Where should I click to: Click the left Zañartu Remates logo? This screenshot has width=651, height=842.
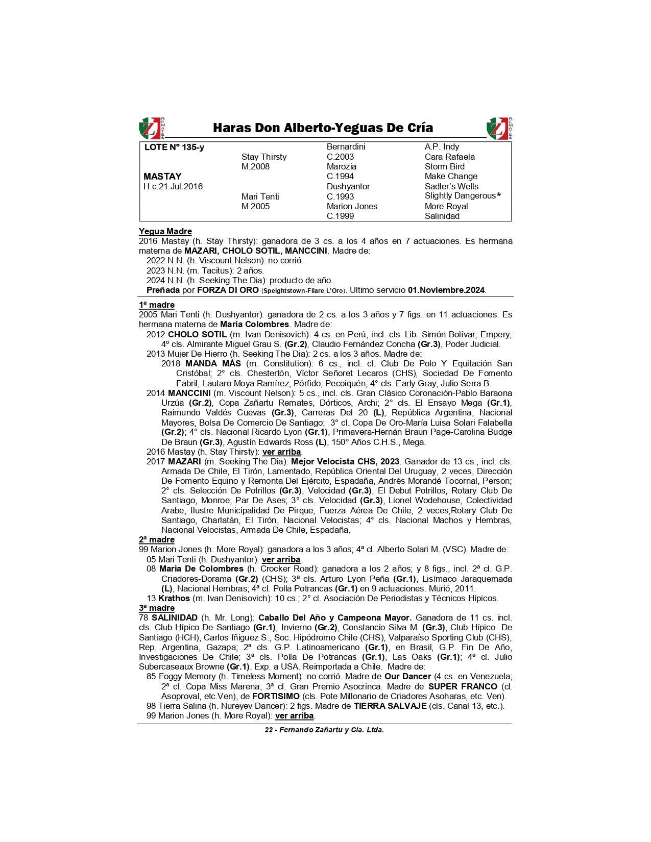point(152,128)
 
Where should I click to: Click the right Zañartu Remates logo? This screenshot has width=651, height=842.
point(499,128)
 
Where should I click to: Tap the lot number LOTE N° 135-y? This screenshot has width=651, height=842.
point(174,147)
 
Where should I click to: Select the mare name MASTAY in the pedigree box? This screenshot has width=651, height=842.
point(162,177)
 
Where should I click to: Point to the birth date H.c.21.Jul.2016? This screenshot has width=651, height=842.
point(173,187)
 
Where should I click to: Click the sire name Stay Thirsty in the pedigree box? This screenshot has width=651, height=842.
point(264,157)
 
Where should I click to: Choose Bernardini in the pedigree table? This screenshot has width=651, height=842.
point(346,147)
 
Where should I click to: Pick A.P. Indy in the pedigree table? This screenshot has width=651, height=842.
point(442,147)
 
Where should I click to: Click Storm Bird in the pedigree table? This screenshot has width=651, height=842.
point(444,167)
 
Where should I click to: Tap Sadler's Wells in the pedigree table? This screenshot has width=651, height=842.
point(451,187)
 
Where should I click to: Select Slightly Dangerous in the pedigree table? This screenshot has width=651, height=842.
point(460,196)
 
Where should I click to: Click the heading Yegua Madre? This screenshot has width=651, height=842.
point(165,232)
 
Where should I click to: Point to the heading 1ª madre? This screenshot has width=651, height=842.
point(157,305)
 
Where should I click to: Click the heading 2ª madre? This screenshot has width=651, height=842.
point(157,540)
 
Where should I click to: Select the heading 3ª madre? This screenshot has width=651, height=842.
point(157,608)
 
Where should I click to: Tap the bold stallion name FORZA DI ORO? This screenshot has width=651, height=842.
point(228,290)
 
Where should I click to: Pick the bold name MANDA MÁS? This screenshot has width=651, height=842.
point(213,364)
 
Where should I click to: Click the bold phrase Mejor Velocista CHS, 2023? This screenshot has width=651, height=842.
point(345,462)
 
